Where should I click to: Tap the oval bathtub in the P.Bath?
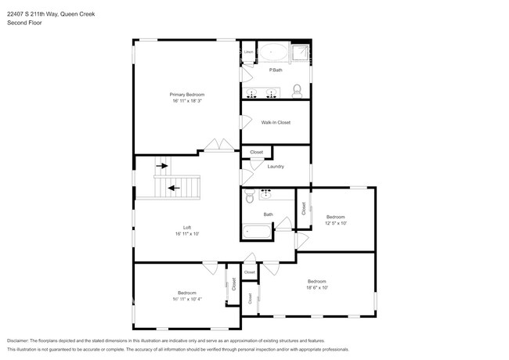pos(274,52)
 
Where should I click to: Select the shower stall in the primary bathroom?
pos(300,52)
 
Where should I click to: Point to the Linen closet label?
pos(248,52)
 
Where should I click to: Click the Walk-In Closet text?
pos(276,122)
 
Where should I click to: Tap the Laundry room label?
pos(275,166)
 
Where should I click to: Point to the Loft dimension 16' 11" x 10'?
pos(187,233)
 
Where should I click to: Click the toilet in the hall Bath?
pos(248,196)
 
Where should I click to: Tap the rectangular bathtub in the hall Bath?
pos(257,231)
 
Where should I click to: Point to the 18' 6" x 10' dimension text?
pos(316,288)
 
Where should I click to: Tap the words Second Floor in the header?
pos(25,23)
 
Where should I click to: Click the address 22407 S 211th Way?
pos(39,13)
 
